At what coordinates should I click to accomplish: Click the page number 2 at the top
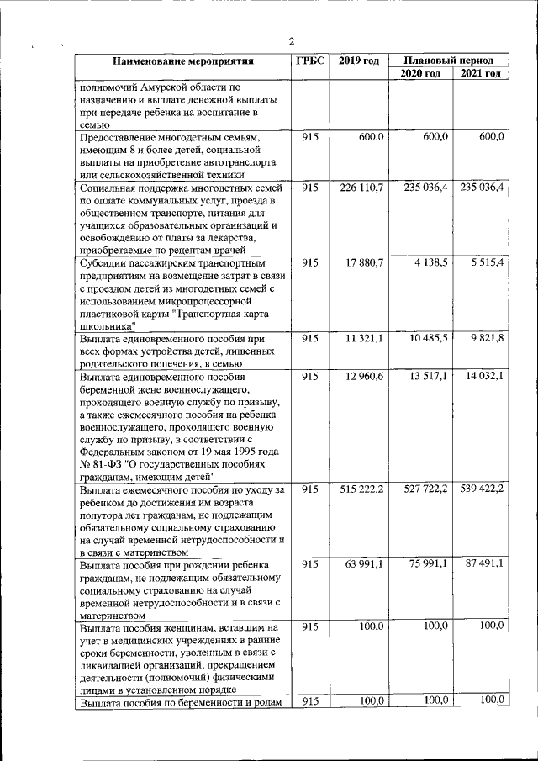tap(291, 43)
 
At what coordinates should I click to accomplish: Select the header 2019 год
tap(359, 61)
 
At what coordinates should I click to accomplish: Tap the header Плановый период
tap(449, 61)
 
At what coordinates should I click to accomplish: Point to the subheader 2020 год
tap(420, 74)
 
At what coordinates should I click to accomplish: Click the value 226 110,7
tap(361, 188)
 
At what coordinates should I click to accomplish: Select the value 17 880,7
tap(364, 262)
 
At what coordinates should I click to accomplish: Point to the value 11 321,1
tap(364, 338)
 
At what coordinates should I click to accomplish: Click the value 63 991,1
tap(364, 563)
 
